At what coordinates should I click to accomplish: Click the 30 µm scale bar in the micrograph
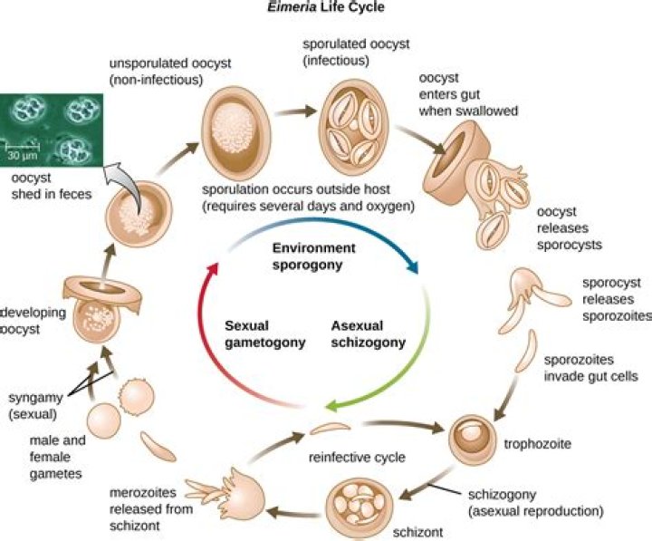[24, 146]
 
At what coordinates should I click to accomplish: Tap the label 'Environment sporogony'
[314, 256]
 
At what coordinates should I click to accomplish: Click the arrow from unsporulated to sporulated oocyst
[292, 114]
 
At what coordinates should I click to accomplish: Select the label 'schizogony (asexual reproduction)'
[533, 503]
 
